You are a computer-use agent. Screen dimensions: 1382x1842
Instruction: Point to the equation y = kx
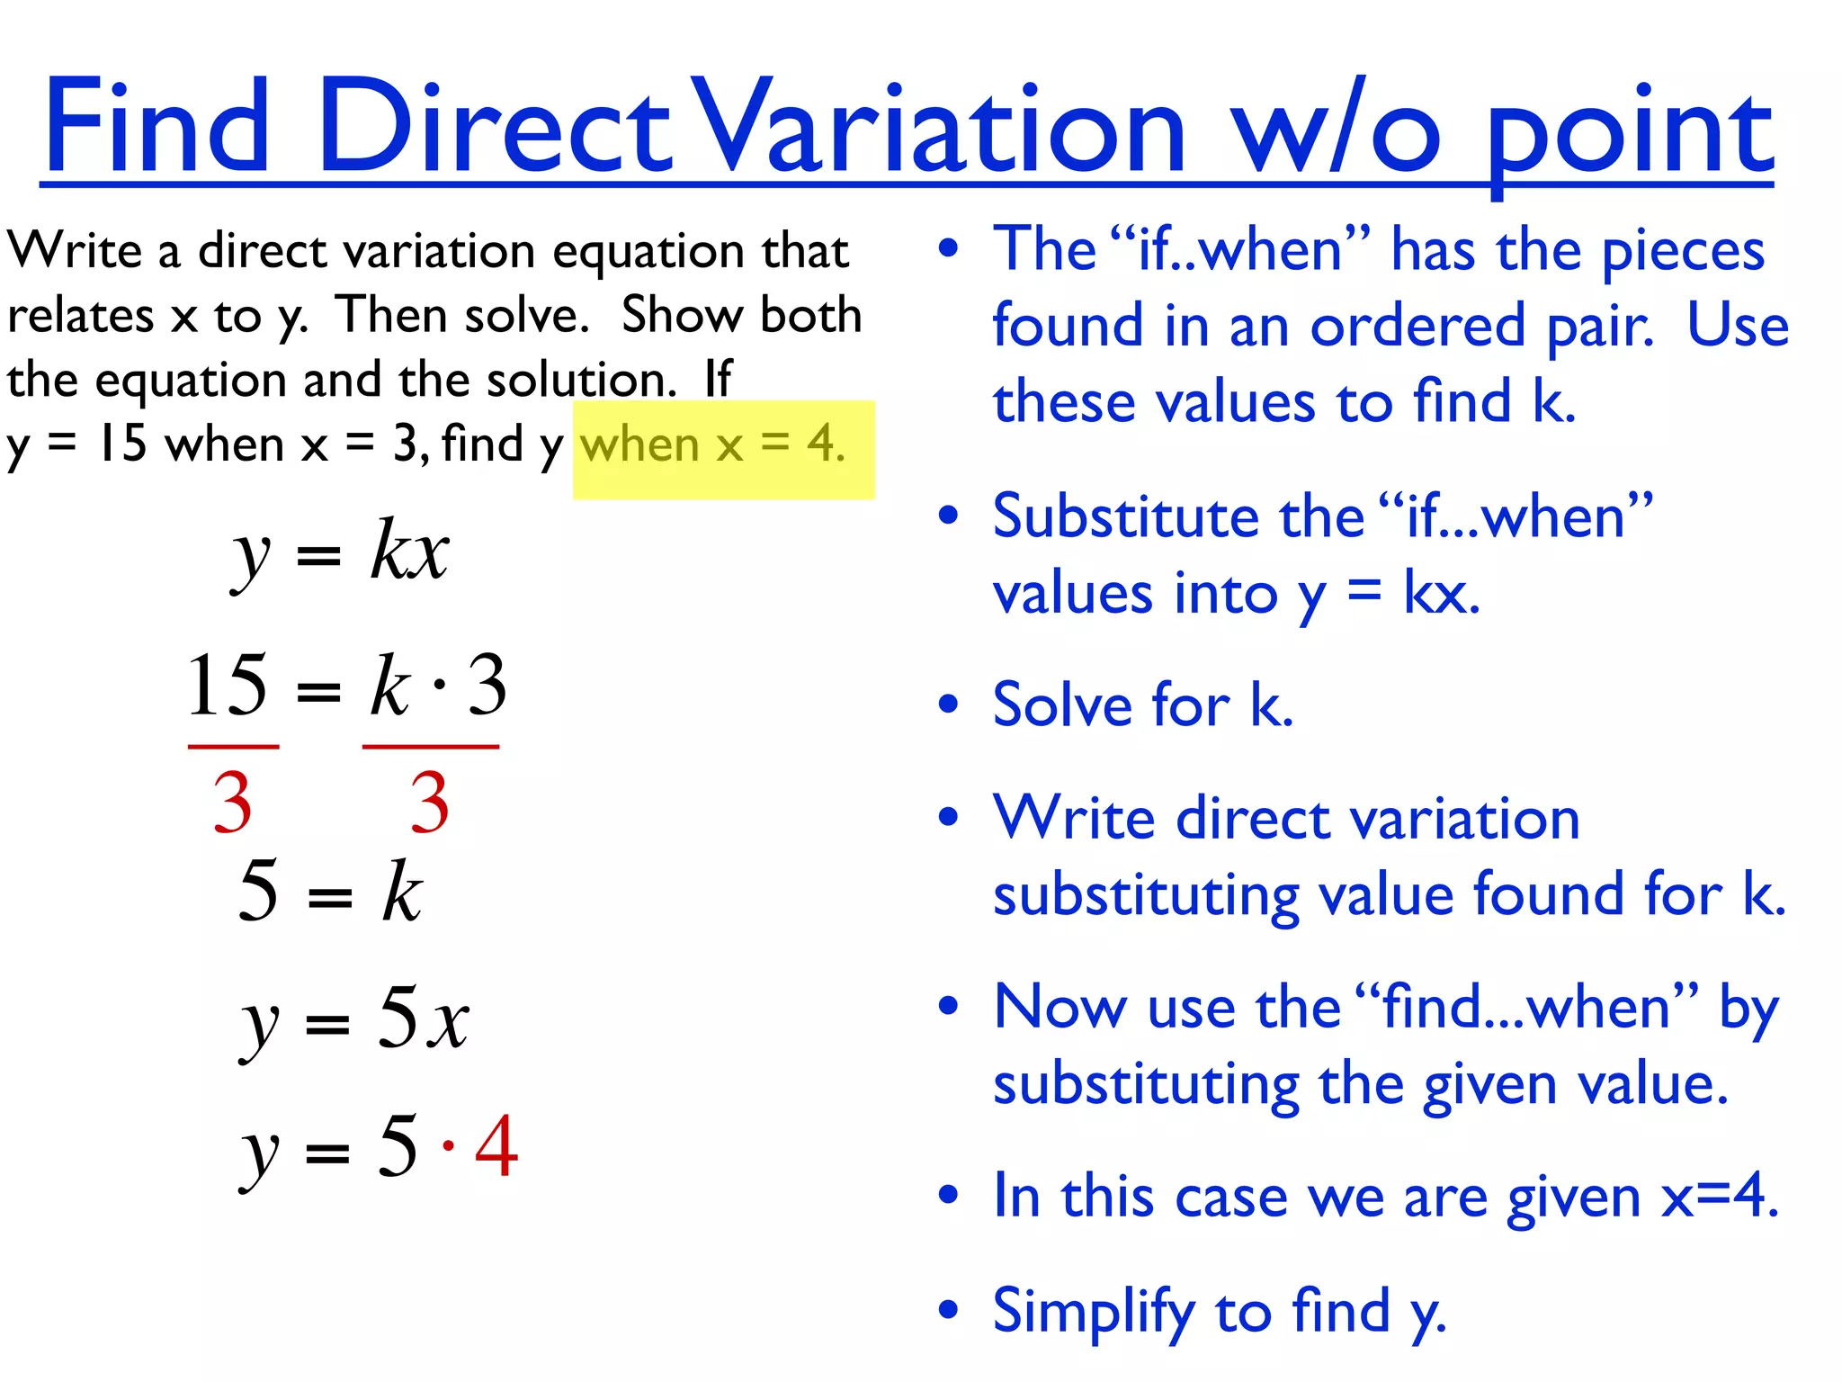pyautogui.click(x=341, y=552)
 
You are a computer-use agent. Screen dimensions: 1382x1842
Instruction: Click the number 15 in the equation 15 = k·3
pyautogui.click(x=228, y=686)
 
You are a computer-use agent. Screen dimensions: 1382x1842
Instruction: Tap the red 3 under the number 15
pyautogui.click(x=232, y=803)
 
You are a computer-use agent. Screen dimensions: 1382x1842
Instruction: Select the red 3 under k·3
pyautogui.click(x=430, y=803)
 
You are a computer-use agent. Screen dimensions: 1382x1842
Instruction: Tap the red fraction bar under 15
pyautogui.click(x=233, y=747)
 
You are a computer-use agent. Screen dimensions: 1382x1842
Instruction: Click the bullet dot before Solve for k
pyautogui.click(x=948, y=704)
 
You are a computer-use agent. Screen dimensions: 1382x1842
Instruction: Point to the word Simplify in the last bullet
pyautogui.click(x=1093, y=1312)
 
